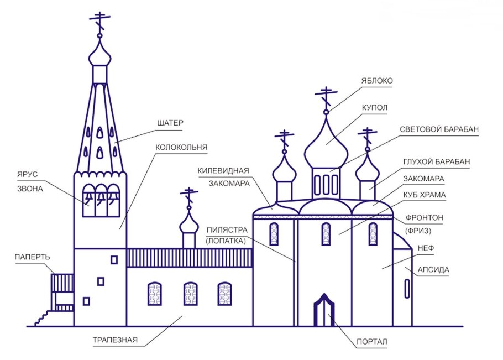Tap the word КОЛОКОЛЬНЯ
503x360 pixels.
pos(181,147)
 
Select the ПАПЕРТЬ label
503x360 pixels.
pos(33,257)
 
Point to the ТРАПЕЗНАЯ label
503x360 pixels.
pos(115,340)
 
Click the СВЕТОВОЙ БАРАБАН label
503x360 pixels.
pos(439,129)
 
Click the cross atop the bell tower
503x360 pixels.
pos(100,22)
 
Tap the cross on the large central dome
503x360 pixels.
pos(326,97)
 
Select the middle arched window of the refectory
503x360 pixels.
pos(190,294)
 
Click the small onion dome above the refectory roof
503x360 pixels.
pos(189,222)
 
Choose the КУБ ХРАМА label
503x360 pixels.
pos(427,195)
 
